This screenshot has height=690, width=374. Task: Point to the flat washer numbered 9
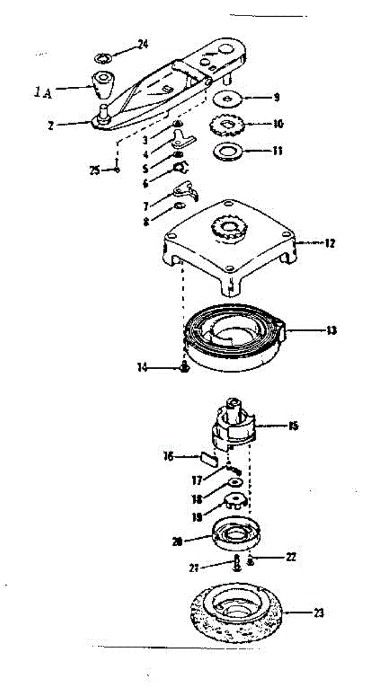pyautogui.click(x=230, y=99)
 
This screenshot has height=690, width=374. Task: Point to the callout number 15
pyautogui.click(x=293, y=426)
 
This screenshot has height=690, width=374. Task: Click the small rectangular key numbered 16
pyautogui.click(x=207, y=458)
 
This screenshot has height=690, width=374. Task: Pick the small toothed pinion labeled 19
pyautogui.click(x=234, y=500)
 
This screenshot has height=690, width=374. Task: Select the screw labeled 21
pyautogui.click(x=237, y=563)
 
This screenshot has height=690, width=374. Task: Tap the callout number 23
pyautogui.click(x=318, y=613)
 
